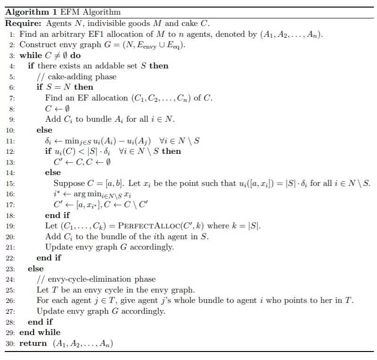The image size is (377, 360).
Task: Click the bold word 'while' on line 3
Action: (x=31, y=55)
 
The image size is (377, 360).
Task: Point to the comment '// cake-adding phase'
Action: (x=76, y=76)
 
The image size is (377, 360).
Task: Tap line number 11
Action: (x=11, y=141)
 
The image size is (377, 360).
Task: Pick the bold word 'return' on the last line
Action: (x=33, y=343)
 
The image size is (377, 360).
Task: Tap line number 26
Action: (x=11, y=301)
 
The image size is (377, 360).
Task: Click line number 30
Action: (x=11, y=343)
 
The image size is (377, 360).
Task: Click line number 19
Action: (x=11, y=226)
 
